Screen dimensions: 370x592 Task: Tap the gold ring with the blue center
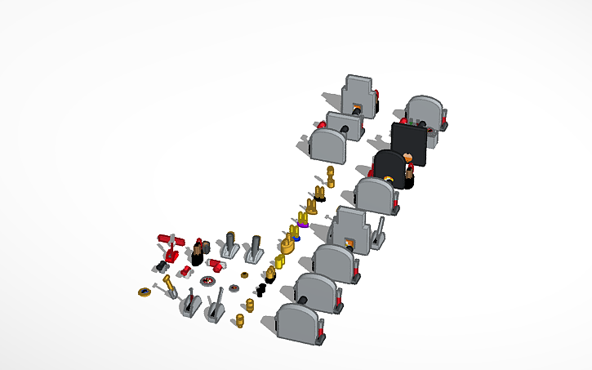click(145, 292)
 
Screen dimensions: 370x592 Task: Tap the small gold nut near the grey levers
click(244, 276)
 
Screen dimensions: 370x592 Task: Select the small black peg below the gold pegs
click(263, 289)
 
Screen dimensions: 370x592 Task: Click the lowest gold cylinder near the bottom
click(240, 320)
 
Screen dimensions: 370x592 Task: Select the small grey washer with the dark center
click(234, 288)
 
